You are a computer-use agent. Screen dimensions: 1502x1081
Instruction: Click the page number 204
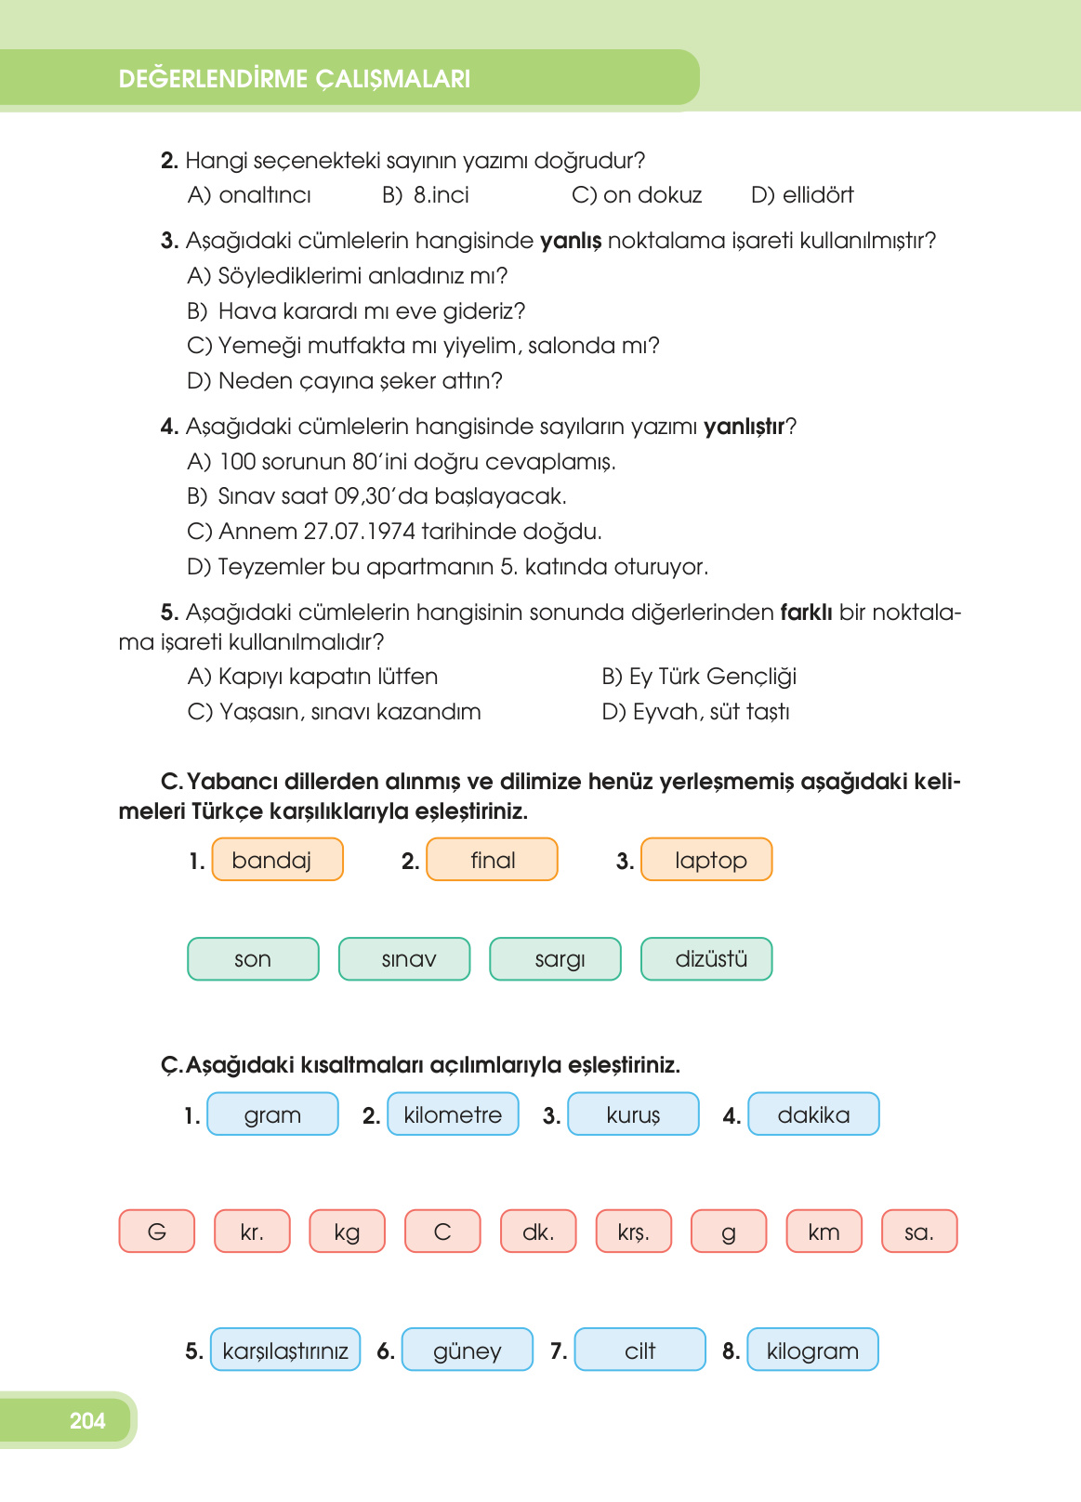(x=87, y=1420)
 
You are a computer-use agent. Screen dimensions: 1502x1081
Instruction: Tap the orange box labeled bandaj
(x=277, y=860)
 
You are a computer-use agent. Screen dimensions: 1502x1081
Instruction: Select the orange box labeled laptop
(x=706, y=860)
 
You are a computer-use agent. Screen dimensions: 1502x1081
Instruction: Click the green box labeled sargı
(x=555, y=959)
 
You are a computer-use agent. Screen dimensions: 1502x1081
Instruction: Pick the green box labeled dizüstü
(x=706, y=959)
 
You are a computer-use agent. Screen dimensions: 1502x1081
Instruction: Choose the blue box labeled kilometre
(x=453, y=1114)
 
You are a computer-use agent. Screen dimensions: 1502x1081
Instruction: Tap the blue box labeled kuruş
(x=633, y=1114)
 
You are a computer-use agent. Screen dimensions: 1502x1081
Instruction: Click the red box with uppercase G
(x=157, y=1232)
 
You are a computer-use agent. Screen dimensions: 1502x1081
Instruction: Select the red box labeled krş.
(x=633, y=1232)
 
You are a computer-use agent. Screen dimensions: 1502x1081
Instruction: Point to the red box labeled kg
(x=347, y=1232)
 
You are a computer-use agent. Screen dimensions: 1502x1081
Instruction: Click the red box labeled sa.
(x=918, y=1232)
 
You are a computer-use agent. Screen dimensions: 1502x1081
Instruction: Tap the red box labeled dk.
(x=538, y=1232)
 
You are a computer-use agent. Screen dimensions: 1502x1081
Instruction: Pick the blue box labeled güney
(x=468, y=1350)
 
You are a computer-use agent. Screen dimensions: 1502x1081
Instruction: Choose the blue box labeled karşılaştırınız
(x=285, y=1350)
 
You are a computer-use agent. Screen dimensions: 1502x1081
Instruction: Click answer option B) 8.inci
(x=427, y=195)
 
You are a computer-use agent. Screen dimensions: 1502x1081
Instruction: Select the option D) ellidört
(x=802, y=195)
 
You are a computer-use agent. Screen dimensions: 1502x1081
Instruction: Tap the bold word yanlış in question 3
(x=571, y=241)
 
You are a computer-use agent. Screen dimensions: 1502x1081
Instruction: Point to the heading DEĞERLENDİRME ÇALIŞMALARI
(x=295, y=79)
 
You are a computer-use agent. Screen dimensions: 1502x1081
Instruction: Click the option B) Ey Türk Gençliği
(x=699, y=677)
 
